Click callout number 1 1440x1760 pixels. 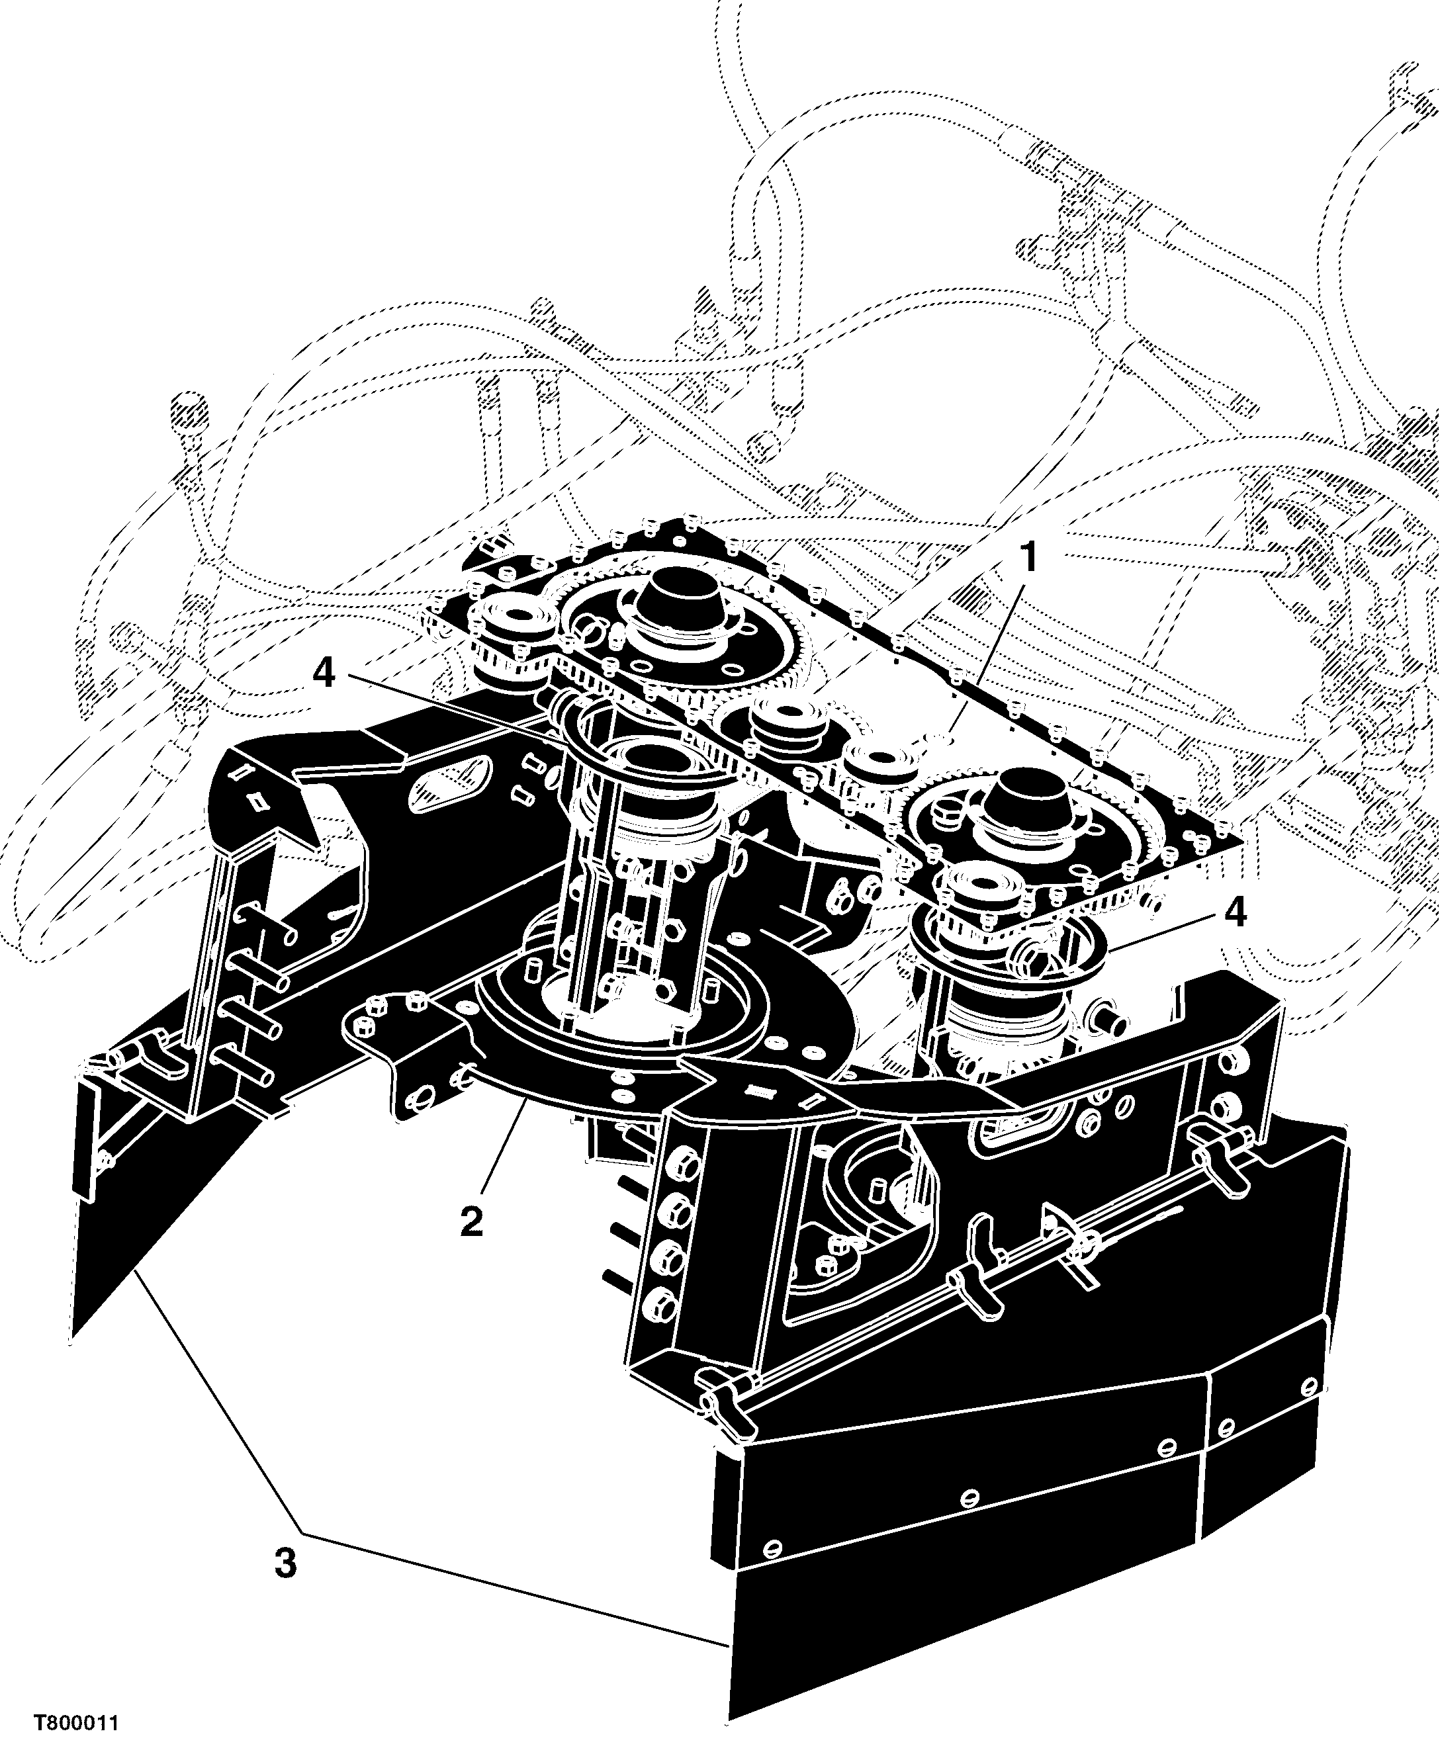click(1028, 559)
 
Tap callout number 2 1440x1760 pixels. click(472, 1221)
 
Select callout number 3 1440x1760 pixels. click(285, 1564)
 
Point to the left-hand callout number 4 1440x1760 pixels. click(324, 673)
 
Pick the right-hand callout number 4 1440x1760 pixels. click(1235, 913)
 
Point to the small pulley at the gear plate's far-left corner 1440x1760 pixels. click(507, 628)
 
